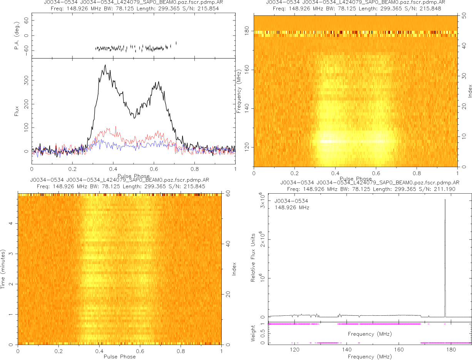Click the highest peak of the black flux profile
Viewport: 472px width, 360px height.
click(x=105, y=65)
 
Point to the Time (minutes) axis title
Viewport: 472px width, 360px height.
click(x=3, y=270)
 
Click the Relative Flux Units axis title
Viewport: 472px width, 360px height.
click(x=253, y=257)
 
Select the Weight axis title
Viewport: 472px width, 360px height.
click(x=253, y=333)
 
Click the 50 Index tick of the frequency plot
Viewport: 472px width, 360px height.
click(x=464, y=16)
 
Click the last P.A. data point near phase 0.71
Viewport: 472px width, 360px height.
click(x=176, y=43)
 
